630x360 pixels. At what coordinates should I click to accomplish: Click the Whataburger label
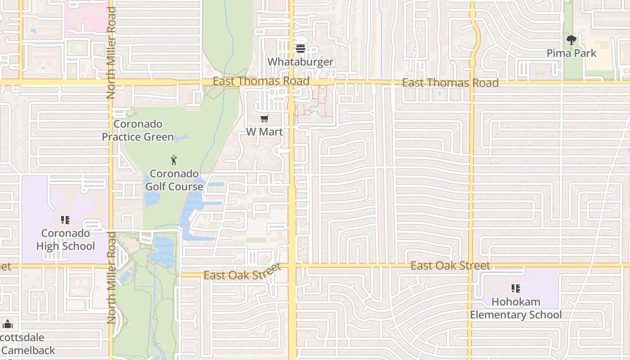[x=301, y=62]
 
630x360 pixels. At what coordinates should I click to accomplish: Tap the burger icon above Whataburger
[x=301, y=48]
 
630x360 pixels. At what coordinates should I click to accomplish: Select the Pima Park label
[x=571, y=53]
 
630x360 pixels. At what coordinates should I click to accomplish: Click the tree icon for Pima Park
[x=571, y=40]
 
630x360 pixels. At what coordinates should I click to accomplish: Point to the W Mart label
[x=265, y=132]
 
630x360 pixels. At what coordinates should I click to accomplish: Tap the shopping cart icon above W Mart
[x=265, y=119]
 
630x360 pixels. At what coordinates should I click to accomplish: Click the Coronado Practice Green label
[x=138, y=130]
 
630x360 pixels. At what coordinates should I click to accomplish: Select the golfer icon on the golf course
[x=174, y=160]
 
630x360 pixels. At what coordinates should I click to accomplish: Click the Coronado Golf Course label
[x=174, y=180]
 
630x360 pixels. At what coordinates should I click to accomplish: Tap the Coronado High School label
[x=66, y=240]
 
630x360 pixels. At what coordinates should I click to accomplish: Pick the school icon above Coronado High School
[x=65, y=220]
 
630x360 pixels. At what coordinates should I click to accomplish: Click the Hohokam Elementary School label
[x=516, y=308]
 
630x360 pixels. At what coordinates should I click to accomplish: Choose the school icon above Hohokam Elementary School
[x=516, y=288]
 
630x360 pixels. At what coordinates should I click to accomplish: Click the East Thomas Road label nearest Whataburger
[x=261, y=81]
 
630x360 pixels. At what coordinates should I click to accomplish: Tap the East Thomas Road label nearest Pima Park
[x=450, y=83]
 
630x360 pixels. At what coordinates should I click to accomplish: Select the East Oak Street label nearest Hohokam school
[x=450, y=265]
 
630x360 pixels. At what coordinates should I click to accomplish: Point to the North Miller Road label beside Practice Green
[x=111, y=53]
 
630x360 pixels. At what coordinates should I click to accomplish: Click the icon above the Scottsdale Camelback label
[x=8, y=324]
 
